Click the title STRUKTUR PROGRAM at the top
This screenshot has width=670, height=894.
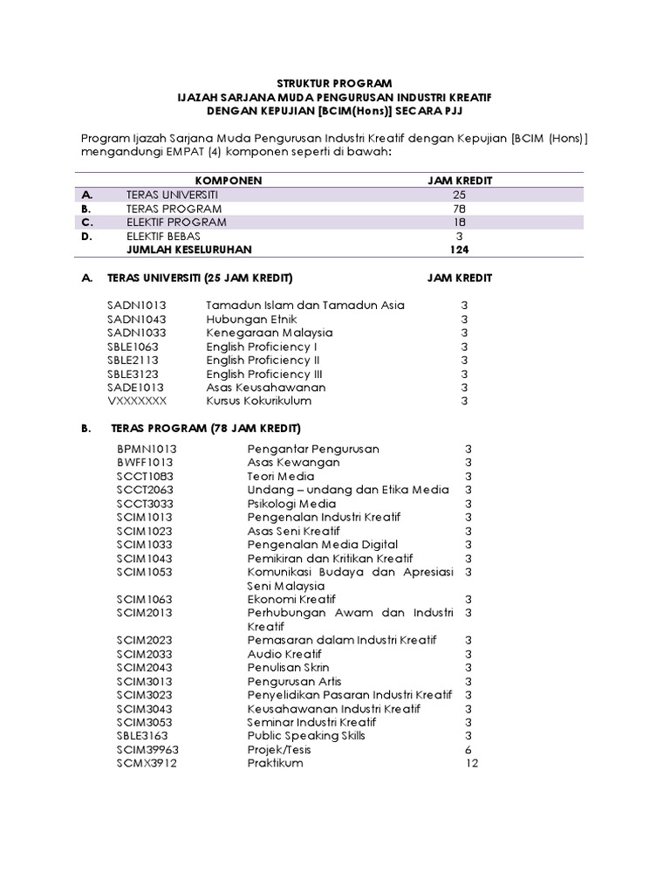coord(334,83)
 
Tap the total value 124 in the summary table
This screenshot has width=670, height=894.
coord(459,250)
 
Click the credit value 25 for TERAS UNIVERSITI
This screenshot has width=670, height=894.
coord(459,194)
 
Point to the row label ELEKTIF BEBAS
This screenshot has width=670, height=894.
coord(162,236)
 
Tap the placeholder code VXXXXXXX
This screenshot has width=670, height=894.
coord(136,401)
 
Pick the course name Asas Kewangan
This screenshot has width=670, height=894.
coord(293,462)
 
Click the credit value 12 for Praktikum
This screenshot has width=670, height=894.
coord(472,763)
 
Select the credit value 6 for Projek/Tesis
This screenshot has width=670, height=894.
coord(468,749)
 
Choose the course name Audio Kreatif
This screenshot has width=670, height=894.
coord(284,654)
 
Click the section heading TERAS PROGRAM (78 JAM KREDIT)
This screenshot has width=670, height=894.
coord(205,429)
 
